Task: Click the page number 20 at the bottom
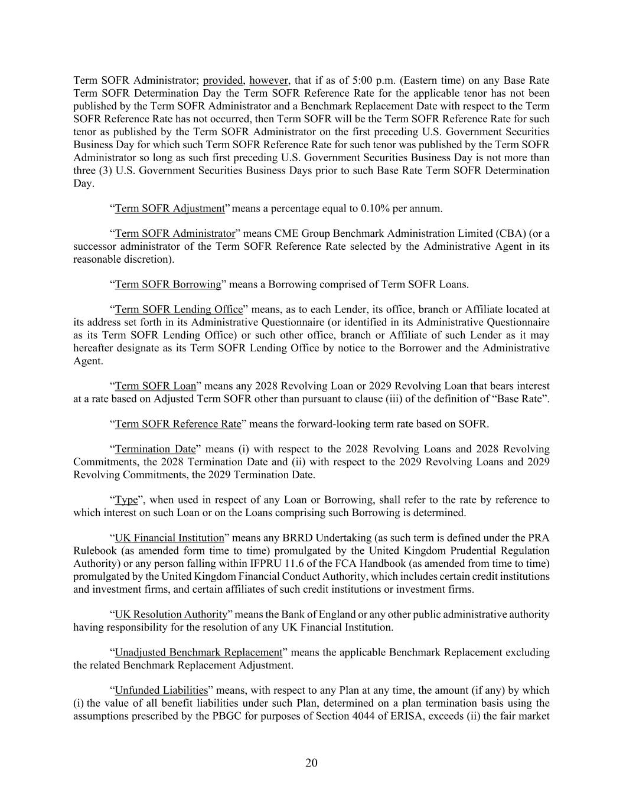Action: pos(311,763)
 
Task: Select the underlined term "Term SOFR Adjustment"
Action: pos(169,208)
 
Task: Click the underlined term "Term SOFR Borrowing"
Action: pos(168,284)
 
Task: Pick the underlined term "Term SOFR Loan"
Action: pos(155,386)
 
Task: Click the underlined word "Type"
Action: pos(126,500)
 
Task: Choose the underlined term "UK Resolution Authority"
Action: pos(171,614)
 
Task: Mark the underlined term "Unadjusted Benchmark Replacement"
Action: pos(198,652)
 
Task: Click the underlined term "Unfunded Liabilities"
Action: pos(161,690)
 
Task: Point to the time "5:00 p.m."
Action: pos(371,80)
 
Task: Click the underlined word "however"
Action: pos(269,80)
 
